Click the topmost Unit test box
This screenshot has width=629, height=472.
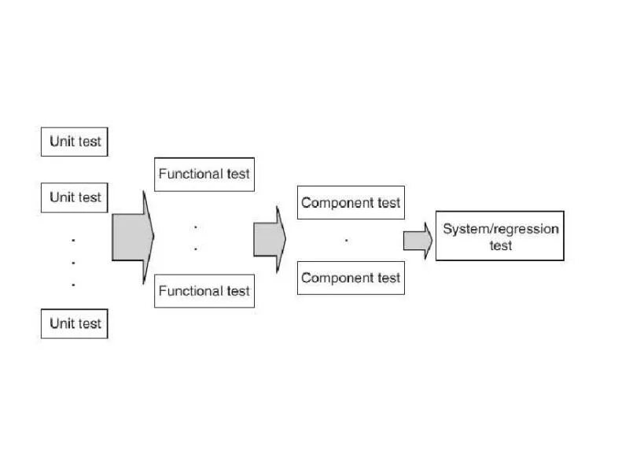pyautogui.click(x=74, y=142)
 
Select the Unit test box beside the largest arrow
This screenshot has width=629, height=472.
pyautogui.click(x=74, y=197)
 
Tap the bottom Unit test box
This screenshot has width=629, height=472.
pyautogui.click(x=74, y=323)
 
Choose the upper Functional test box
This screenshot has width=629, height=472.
pyautogui.click(x=204, y=174)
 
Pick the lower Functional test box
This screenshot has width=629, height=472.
pyautogui.click(x=204, y=291)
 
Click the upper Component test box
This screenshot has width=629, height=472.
pyautogui.click(x=351, y=202)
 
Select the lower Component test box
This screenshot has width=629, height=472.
pyautogui.click(x=351, y=278)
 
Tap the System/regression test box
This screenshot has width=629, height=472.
pyautogui.click(x=500, y=236)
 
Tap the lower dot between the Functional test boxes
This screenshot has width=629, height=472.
pyautogui.click(x=196, y=249)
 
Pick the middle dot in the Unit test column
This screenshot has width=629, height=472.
pyautogui.click(x=73, y=262)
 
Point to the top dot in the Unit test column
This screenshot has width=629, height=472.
pyautogui.click(x=73, y=239)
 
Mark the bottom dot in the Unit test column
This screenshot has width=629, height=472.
pyautogui.click(x=73, y=284)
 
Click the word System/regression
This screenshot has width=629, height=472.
pyautogui.click(x=500, y=229)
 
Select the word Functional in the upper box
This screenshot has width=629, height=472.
pyautogui.click(x=189, y=174)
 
